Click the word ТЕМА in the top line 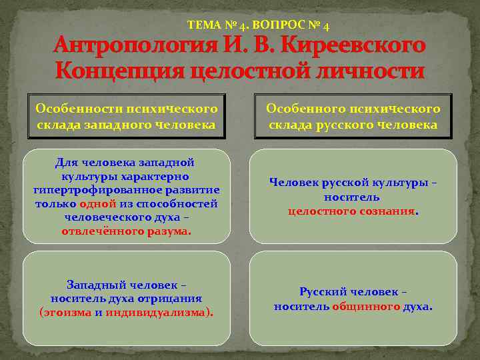click(x=203, y=26)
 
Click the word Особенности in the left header click(x=70, y=108)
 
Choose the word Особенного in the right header click(x=301, y=108)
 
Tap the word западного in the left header click(x=113, y=125)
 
